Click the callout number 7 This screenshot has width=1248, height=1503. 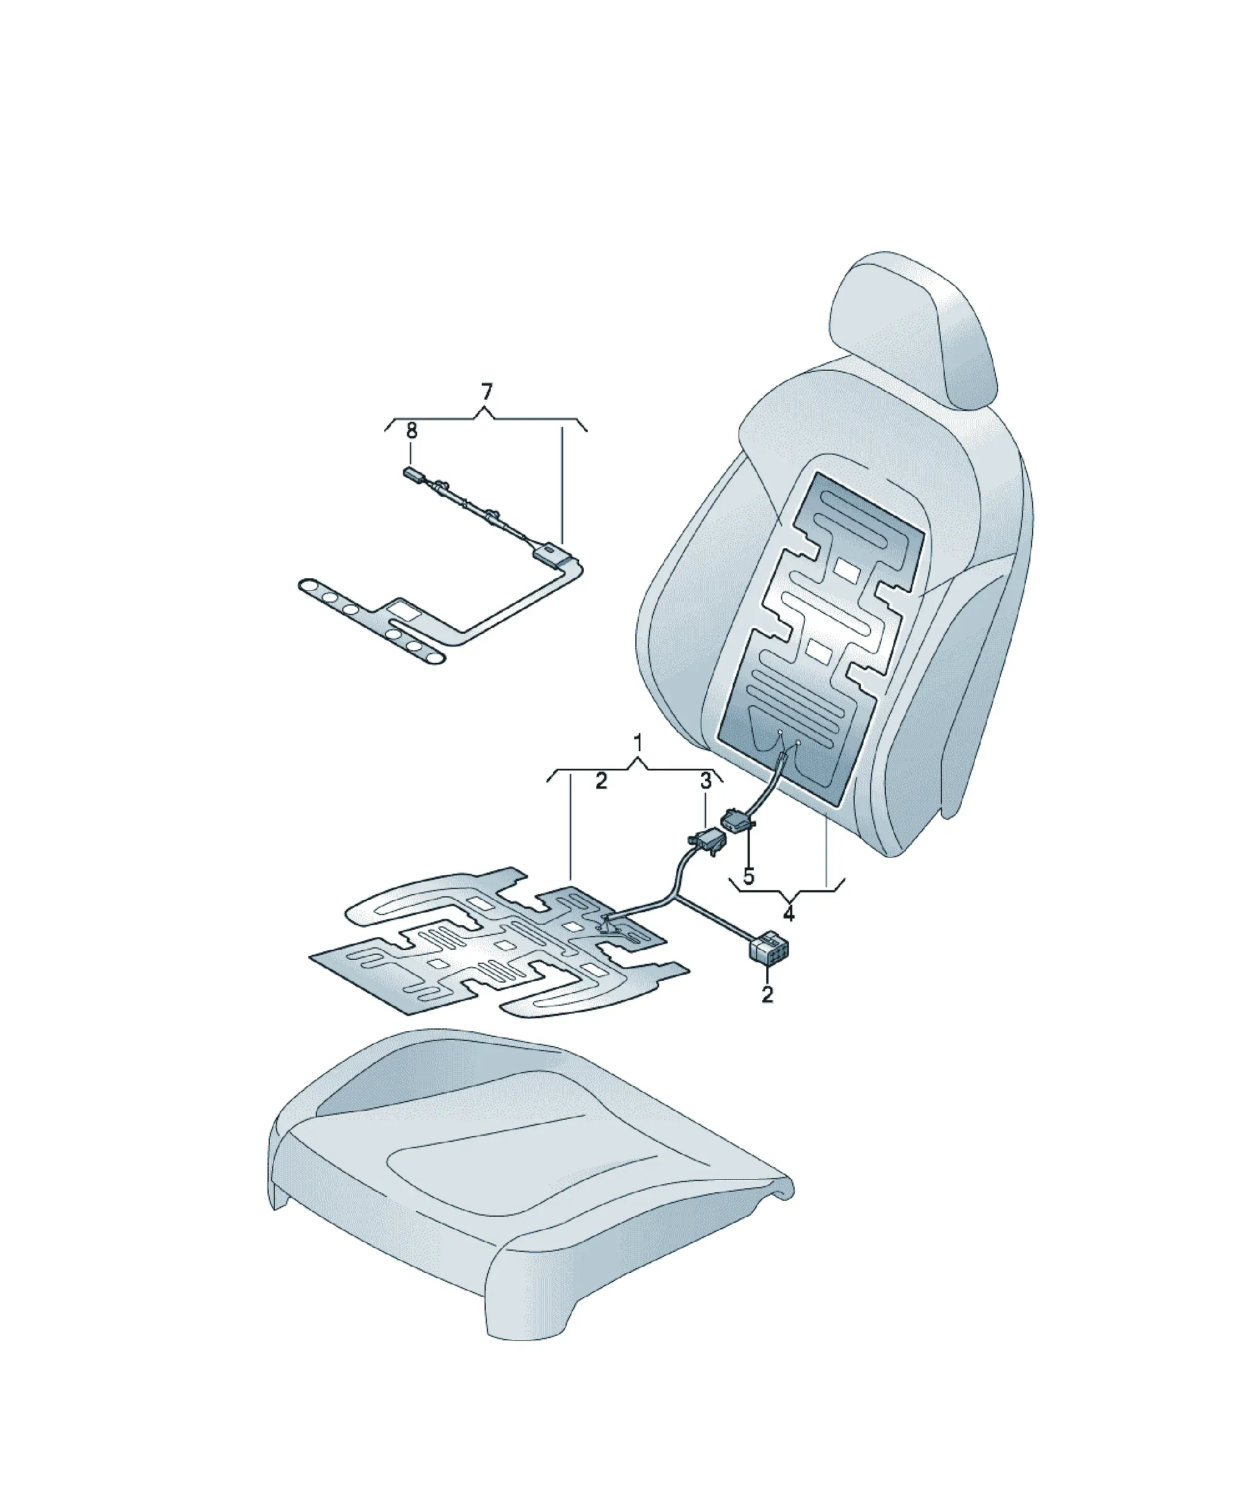487,392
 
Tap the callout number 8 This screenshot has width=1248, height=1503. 411,431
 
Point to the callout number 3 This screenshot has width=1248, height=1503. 706,781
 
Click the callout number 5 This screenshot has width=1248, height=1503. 749,877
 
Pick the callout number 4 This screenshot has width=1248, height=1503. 788,914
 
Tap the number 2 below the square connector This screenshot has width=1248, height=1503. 767,994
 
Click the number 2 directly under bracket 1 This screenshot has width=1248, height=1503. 601,781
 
